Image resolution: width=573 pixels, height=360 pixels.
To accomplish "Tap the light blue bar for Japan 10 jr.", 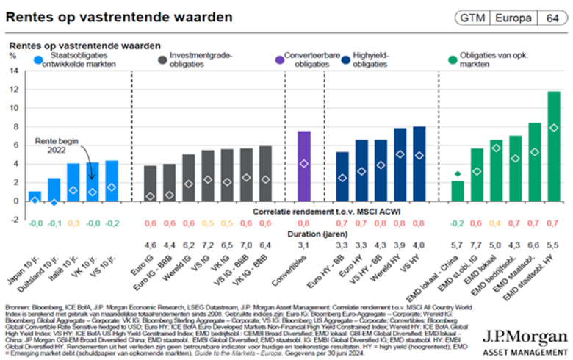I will point(35,195).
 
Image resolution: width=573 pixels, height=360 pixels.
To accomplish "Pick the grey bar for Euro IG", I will point(150,183).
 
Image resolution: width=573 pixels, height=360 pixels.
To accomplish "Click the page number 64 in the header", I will point(552,17).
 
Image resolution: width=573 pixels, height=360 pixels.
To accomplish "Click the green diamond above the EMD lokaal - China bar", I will point(457,174).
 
